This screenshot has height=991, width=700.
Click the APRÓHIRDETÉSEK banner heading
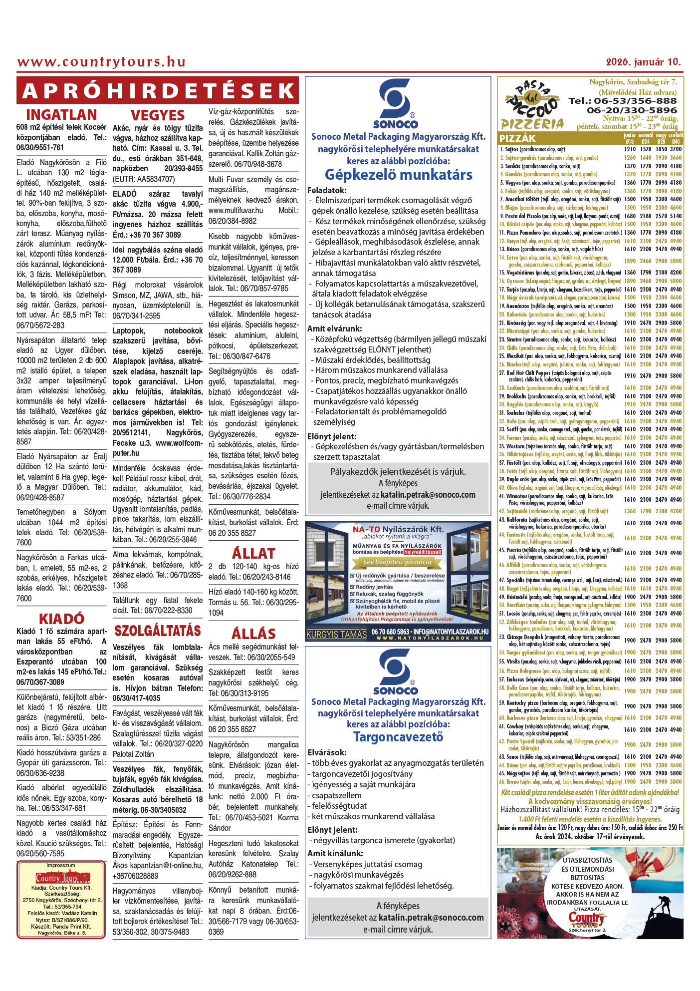coord(158,91)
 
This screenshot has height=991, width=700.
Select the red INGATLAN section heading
coord(61,115)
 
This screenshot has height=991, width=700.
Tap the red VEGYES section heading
coord(158,115)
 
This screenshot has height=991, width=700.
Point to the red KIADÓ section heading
coord(61,619)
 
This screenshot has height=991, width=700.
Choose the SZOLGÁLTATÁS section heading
coord(158,631)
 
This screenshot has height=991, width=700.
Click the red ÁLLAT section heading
coord(253,554)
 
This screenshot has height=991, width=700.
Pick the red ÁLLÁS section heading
coord(253,634)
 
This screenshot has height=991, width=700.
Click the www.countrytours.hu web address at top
coord(101,62)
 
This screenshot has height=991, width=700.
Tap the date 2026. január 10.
coord(643,62)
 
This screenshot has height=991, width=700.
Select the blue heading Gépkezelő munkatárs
coord(398,175)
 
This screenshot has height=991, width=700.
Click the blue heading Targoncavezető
coord(398,737)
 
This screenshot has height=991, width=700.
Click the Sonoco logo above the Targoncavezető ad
coord(395,671)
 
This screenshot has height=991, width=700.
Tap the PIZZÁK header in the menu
coord(517,138)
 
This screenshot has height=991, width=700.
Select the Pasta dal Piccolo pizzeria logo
coord(533,107)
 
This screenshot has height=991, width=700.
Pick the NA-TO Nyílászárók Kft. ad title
coord(398,529)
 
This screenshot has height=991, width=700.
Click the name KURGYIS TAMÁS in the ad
coord(336,635)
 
